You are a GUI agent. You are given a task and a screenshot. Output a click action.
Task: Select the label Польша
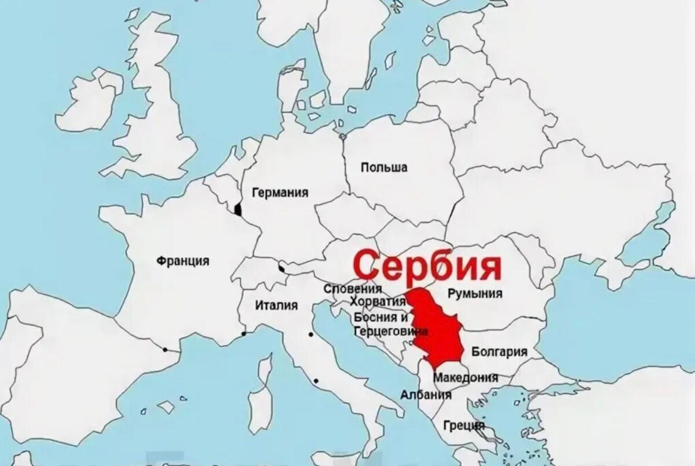coord(383,168)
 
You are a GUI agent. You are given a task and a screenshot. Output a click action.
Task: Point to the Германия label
coord(280,193)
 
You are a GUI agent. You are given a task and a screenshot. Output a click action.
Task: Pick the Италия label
coord(276,305)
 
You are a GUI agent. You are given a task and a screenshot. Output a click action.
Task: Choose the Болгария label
coord(499,351)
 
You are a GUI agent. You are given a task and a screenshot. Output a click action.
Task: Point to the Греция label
coord(463,425)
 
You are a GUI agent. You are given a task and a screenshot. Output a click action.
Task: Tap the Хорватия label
coord(377,302)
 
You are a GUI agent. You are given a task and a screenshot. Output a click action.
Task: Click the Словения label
coord(353,289)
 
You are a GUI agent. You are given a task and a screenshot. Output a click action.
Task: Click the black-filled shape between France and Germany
coord(237,209)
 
